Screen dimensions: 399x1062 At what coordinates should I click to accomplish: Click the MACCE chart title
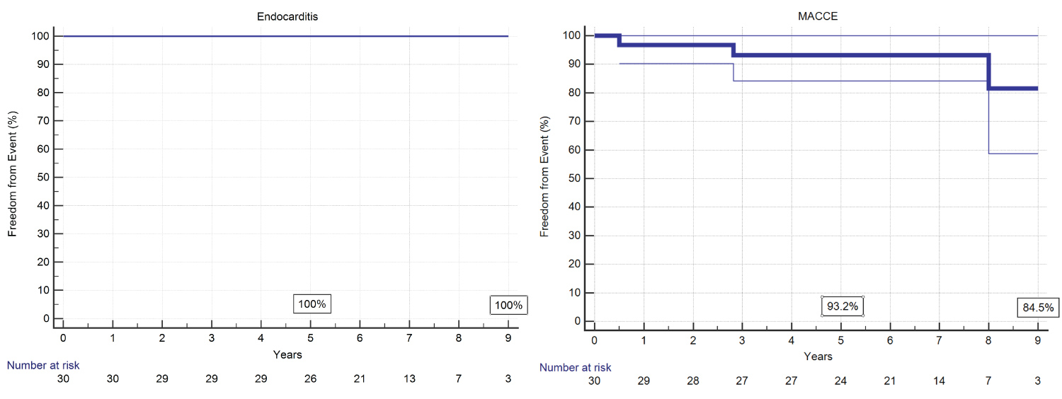(x=818, y=16)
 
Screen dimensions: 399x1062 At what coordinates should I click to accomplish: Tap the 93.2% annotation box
(x=843, y=306)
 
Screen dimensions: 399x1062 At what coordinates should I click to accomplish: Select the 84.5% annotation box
(x=1037, y=307)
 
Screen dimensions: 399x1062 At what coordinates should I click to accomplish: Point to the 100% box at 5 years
(x=312, y=304)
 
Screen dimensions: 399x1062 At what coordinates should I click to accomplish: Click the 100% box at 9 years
(x=508, y=305)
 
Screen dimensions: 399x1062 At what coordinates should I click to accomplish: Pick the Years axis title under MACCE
(x=818, y=357)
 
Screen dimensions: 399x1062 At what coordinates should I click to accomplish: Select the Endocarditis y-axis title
(x=13, y=177)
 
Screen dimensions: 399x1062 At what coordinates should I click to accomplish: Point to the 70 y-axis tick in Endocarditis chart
(x=44, y=120)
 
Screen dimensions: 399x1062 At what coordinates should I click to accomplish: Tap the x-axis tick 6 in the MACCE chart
(x=890, y=341)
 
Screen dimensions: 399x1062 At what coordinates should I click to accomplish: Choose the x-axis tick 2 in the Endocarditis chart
(x=162, y=339)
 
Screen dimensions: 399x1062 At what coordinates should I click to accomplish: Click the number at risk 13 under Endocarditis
(x=409, y=379)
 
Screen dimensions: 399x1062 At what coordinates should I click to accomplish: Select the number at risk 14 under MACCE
(x=939, y=381)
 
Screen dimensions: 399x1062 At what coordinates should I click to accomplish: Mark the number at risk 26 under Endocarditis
(x=310, y=379)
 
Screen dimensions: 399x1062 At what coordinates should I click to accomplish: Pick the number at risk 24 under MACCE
(x=840, y=381)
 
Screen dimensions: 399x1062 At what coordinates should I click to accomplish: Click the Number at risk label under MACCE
(x=575, y=367)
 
